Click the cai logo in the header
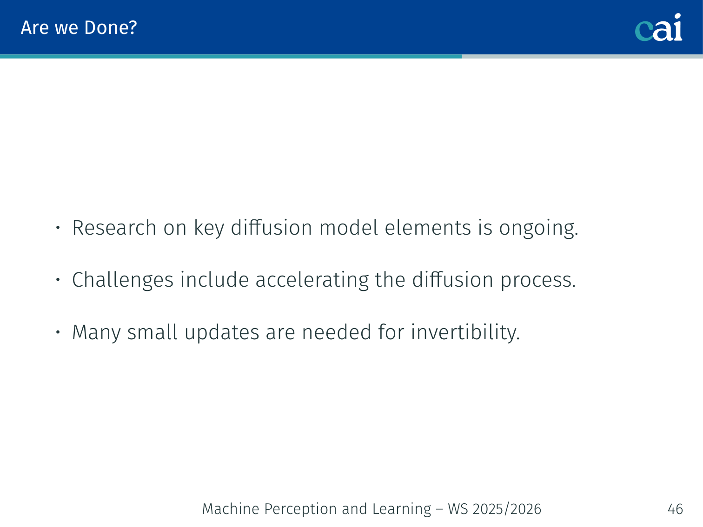point(658,27)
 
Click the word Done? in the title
point(111,27)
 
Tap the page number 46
point(675,509)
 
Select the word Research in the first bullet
point(114,228)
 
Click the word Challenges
point(123,280)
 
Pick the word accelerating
point(312,280)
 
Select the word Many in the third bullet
point(96,333)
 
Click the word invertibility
point(465,333)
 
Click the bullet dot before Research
point(58,228)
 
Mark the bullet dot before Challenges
point(58,280)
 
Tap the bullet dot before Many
point(58,332)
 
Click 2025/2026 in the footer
point(507,509)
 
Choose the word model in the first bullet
point(348,228)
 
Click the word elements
point(428,228)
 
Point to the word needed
point(336,332)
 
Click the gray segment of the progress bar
point(582,57)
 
